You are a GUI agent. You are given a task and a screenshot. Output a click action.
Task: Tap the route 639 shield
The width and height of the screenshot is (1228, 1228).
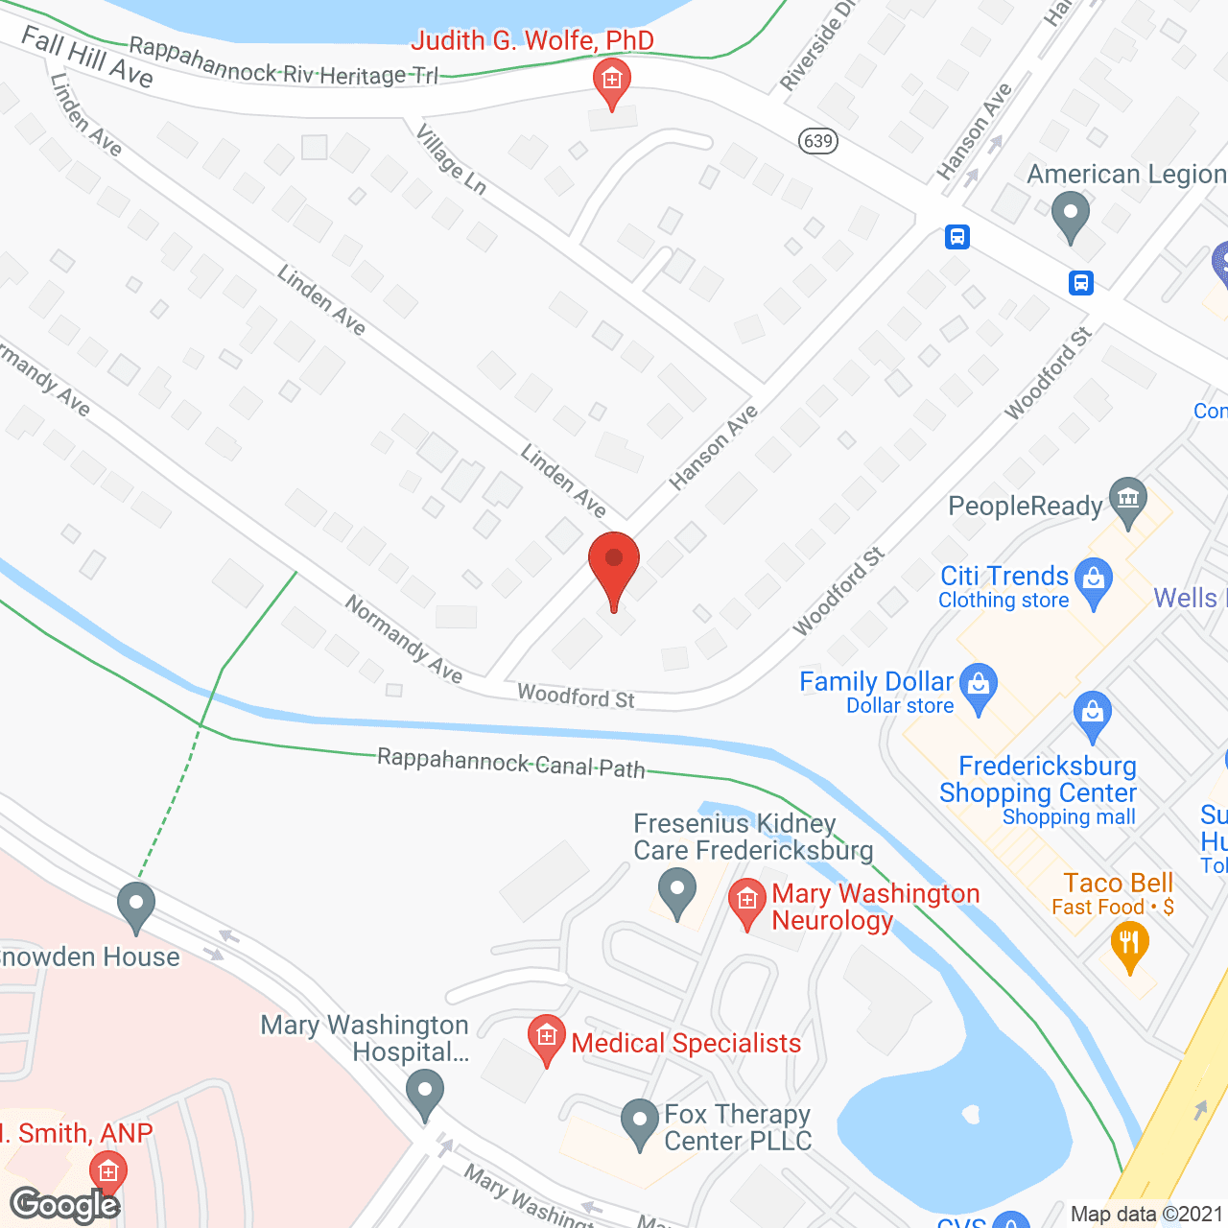(x=817, y=141)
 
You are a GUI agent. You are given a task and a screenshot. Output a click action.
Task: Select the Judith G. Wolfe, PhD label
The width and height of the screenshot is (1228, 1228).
(x=532, y=40)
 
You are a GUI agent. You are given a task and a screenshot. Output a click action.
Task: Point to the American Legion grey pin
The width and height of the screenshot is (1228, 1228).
(x=1071, y=214)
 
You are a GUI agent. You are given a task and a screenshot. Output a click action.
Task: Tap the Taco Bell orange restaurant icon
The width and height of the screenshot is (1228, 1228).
(x=1130, y=943)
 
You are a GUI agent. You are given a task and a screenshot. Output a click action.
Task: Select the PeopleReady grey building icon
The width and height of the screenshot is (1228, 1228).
(x=1128, y=499)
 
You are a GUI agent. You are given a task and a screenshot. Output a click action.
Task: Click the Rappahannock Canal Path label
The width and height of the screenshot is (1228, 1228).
(x=510, y=763)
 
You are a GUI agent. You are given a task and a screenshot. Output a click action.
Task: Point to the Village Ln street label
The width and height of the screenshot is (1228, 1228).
(x=451, y=157)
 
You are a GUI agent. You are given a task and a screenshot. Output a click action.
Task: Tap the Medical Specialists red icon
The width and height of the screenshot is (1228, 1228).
(x=547, y=1037)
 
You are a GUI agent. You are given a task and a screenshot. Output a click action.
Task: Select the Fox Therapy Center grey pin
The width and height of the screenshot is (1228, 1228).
(x=639, y=1122)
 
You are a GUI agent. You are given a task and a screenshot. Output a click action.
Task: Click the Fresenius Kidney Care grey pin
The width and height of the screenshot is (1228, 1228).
(x=677, y=889)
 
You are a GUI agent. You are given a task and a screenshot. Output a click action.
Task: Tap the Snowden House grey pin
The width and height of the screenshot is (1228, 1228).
(x=136, y=904)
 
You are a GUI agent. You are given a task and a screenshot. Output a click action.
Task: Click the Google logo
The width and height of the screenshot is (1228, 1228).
(x=65, y=1204)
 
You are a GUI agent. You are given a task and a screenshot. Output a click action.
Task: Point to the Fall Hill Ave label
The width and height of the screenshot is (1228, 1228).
(x=87, y=57)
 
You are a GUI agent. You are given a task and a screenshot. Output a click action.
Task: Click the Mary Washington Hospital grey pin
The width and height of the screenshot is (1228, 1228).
(x=425, y=1093)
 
